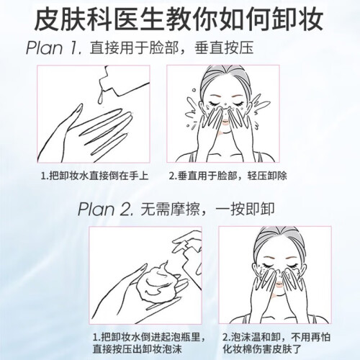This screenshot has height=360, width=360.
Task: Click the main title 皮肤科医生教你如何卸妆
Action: tap(179, 19)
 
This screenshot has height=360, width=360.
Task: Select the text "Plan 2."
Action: tap(106, 209)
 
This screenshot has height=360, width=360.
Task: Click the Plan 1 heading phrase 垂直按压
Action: tap(224, 48)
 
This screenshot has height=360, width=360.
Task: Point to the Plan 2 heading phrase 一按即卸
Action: tap(245, 209)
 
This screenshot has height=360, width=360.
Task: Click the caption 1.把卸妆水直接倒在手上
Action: tap(94, 176)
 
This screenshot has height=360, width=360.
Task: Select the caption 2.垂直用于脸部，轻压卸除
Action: tap(228, 176)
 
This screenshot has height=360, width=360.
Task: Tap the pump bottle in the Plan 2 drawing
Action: tap(189, 254)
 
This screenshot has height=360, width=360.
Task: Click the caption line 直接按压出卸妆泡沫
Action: tap(138, 349)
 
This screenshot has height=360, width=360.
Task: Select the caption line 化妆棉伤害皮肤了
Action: tap(262, 349)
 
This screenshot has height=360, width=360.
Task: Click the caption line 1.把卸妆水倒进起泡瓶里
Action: tap(149, 337)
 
